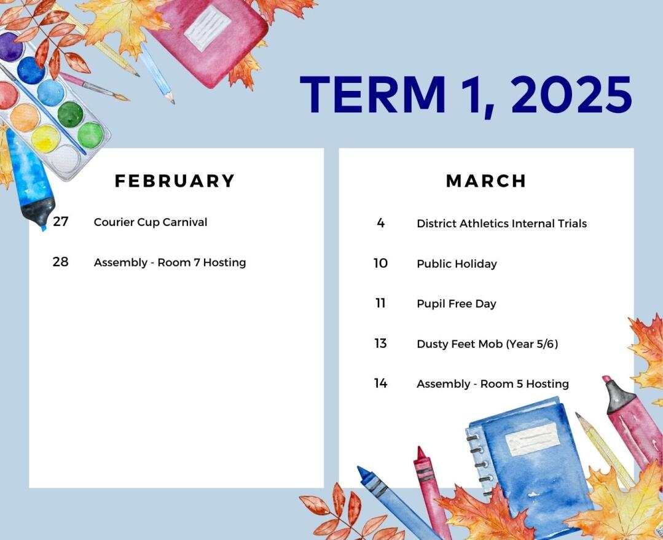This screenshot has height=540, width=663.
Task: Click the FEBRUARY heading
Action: [x=175, y=181]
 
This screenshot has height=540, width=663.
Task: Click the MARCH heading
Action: [x=486, y=181]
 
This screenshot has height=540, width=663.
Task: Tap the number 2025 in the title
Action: [x=571, y=95]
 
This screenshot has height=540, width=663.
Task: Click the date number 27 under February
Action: [x=60, y=222]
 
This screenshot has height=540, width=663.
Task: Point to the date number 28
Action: [x=60, y=262]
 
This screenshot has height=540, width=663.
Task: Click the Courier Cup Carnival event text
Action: [x=151, y=222]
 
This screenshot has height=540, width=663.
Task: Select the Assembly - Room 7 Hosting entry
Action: [x=170, y=262]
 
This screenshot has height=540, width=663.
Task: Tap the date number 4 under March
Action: [x=380, y=223]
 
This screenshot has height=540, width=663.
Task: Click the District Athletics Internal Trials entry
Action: [x=502, y=223]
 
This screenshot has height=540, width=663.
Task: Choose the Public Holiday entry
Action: [x=457, y=264]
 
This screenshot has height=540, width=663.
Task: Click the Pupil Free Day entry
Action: [x=457, y=304]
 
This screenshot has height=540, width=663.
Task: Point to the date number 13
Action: [x=380, y=343]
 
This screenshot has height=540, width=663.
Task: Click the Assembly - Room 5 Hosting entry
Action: [x=493, y=384]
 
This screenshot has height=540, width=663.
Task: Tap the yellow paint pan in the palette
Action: [x=45, y=139]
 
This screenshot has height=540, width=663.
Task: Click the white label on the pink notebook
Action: [x=208, y=28]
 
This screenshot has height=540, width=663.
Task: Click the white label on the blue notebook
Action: [x=533, y=439]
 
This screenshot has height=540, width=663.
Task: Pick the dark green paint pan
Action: [x=70, y=114]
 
